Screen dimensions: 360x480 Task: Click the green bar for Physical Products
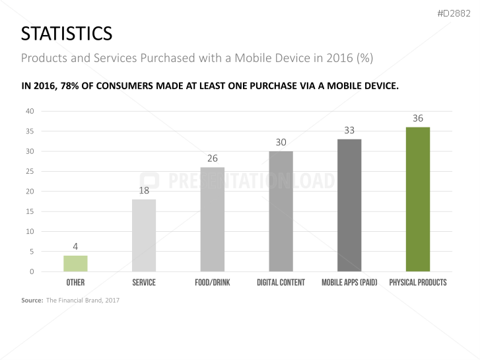[417, 199]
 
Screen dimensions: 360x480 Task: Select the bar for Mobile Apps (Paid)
[349, 205]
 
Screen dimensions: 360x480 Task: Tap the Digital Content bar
[281, 211]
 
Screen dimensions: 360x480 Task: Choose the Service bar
[144, 235]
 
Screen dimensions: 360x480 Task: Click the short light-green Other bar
[75, 264]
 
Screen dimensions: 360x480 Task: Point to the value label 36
[417, 118]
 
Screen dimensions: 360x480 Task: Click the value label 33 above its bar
[349, 131]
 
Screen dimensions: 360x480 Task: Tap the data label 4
[75, 246]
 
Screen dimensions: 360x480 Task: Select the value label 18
[144, 190]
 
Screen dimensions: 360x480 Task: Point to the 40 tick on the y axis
[30, 111]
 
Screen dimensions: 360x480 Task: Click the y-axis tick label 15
[30, 211]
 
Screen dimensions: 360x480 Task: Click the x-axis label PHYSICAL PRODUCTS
[417, 283]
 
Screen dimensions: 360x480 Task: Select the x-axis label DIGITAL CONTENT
[281, 283]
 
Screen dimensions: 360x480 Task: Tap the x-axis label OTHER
[75, 283]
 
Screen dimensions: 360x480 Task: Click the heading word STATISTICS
[66, 33]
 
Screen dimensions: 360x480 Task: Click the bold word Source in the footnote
[32, 301]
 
